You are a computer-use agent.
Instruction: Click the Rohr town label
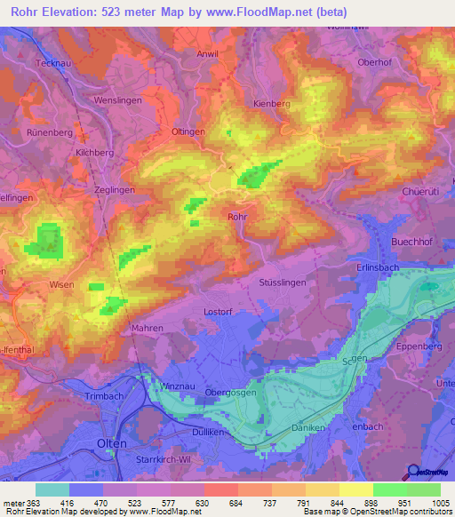point(237,216)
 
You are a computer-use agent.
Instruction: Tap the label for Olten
point(112,442)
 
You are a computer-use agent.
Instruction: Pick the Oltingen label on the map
point(188,131)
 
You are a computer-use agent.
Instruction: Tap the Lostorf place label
point(218,312)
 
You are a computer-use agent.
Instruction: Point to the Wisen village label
point(61,284)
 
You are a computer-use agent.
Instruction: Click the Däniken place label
point(310,426)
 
